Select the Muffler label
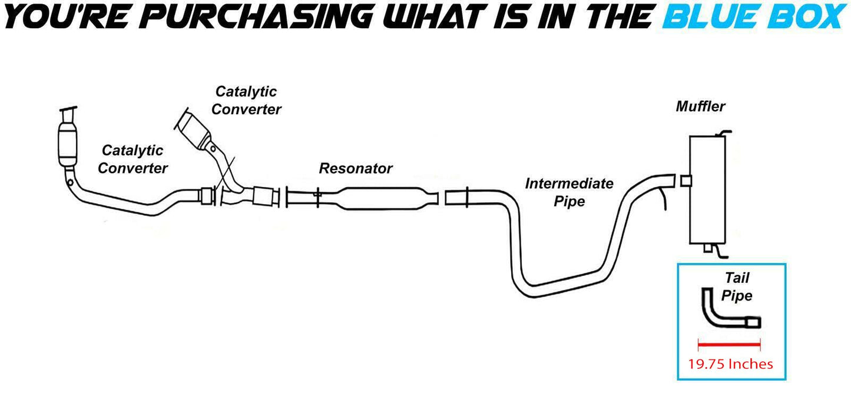(700, 106)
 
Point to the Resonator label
(355, 168)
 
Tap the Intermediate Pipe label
(569, 192)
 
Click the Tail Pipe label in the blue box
(737, 287)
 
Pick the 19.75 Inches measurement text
(730, 364)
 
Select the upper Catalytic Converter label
(246, 101)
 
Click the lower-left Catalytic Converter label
(133, 159)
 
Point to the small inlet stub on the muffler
(686, 180)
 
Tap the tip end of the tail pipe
(754, 322)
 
